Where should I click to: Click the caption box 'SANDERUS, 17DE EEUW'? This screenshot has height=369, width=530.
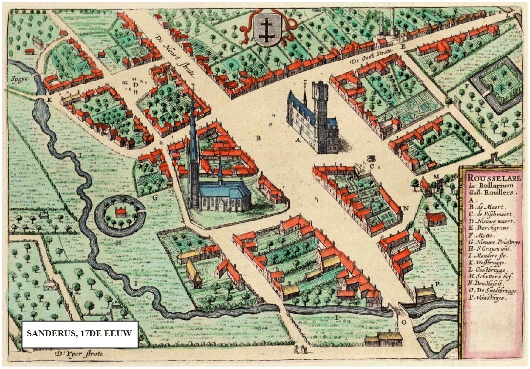pyautogui.click(x=80, y=334)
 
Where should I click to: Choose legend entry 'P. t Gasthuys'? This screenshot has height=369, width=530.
pyautogui.click(x=489, y=298)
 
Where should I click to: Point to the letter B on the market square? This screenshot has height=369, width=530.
pyautogui.click(x=259, y=138)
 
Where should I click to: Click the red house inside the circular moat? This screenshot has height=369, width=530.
pyautogui.click(x=121, y=213)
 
